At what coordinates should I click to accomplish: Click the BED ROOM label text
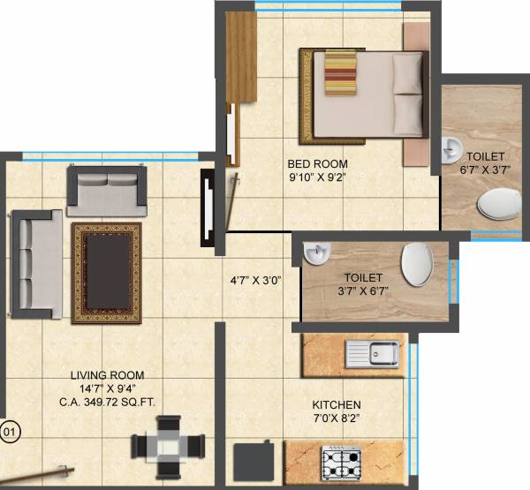[317, 163]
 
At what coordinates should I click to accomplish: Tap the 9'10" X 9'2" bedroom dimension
[317, 177]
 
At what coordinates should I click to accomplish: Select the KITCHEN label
[337, 404]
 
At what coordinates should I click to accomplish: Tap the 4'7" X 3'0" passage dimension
[256, 283]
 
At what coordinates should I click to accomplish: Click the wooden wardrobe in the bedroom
[240, 57]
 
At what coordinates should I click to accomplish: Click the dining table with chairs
[168, 446]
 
